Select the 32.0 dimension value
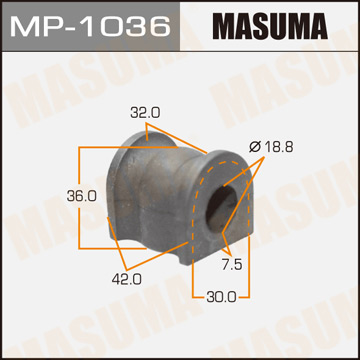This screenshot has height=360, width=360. point(145,113)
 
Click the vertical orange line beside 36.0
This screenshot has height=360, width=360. point(79,196)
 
